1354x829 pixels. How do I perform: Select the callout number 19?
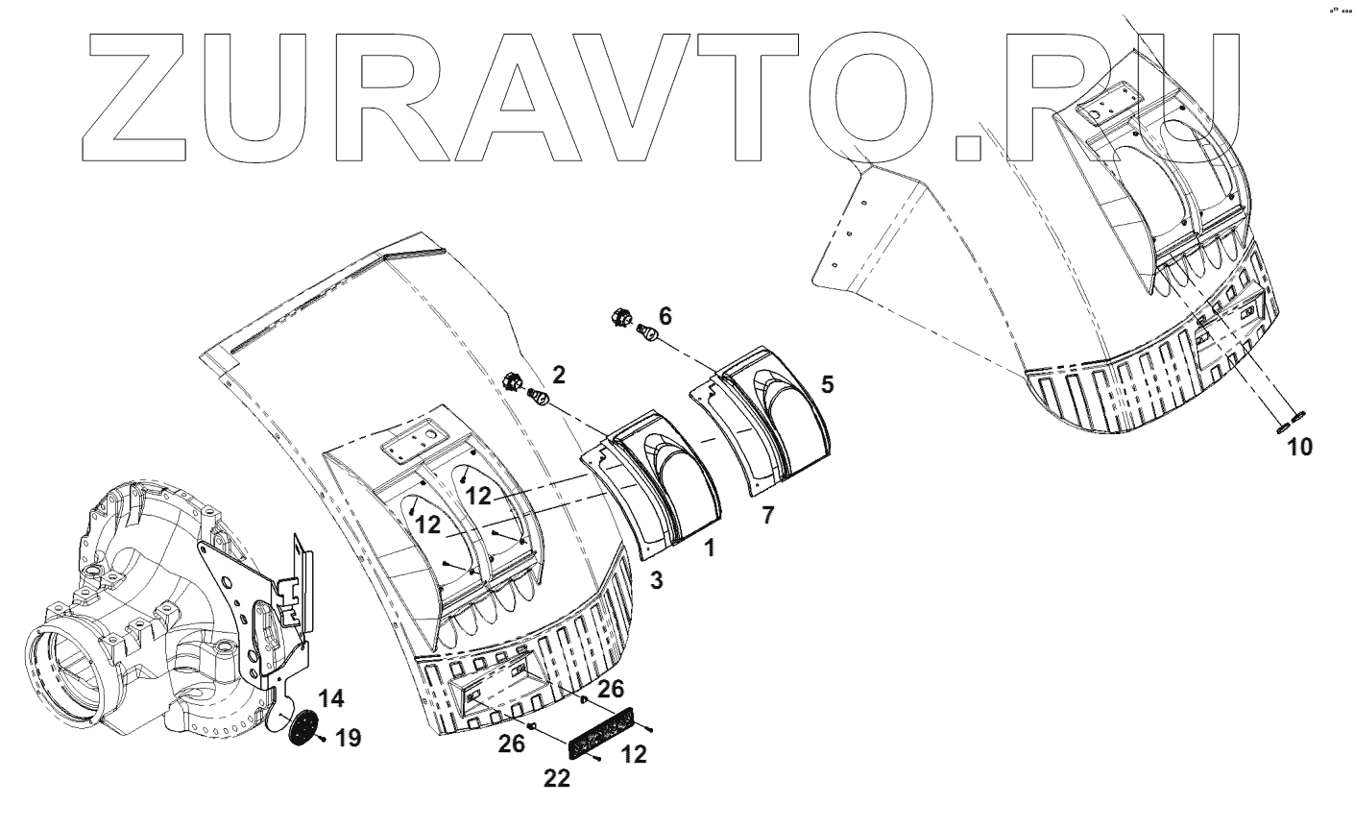pos(349,739)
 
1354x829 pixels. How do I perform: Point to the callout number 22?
pos(557,780)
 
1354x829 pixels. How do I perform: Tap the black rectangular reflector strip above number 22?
pos(605,733)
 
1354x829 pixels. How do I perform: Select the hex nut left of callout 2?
pos(512,379)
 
